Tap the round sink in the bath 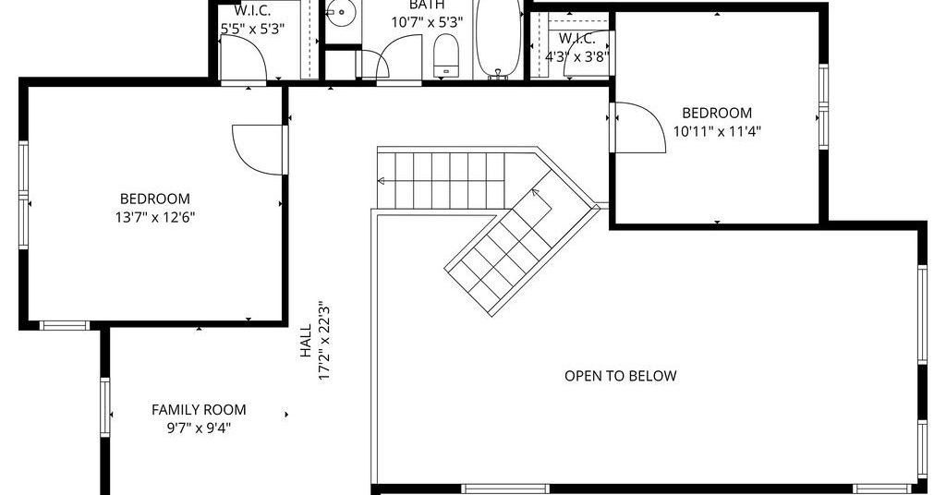tap(342, 12)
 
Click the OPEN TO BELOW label tap(620, 376)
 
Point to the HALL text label tap(307, 341)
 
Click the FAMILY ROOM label tap(199, 410)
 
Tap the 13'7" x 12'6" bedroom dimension tap(155, 217)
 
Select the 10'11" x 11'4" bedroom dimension tap(717, 131)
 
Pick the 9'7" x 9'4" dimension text tap(200, 429)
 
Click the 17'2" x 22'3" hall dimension tap(324, 341)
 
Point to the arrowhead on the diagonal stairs tap(535, 193)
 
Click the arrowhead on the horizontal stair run tap(382, 180)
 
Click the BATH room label tap(427, 5)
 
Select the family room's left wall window tap(105, 407)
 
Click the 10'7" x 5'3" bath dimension tap(427, 23)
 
